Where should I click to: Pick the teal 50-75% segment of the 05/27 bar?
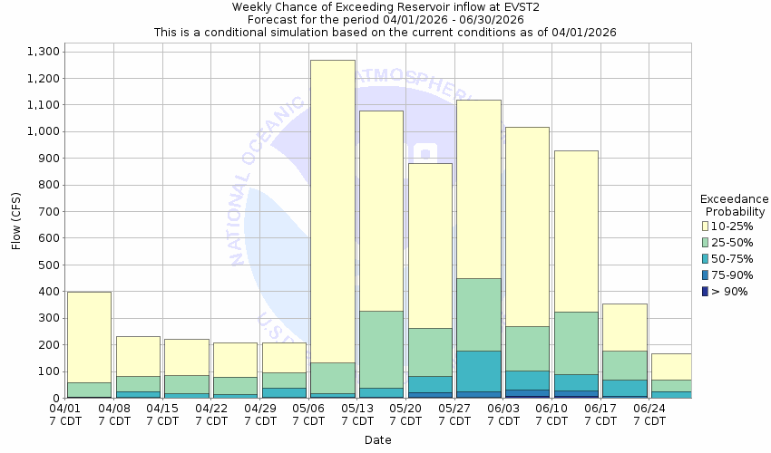(478, 371)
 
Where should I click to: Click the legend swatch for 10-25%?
(705, 226)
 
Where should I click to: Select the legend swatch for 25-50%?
(705, 242)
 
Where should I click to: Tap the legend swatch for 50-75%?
(705, 258)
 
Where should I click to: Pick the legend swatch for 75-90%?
(705, 275)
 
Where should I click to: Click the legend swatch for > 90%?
(705, 291)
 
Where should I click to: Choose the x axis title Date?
(378, 440)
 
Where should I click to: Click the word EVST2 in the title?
(503, 6)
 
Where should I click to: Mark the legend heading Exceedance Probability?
(734, 205)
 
